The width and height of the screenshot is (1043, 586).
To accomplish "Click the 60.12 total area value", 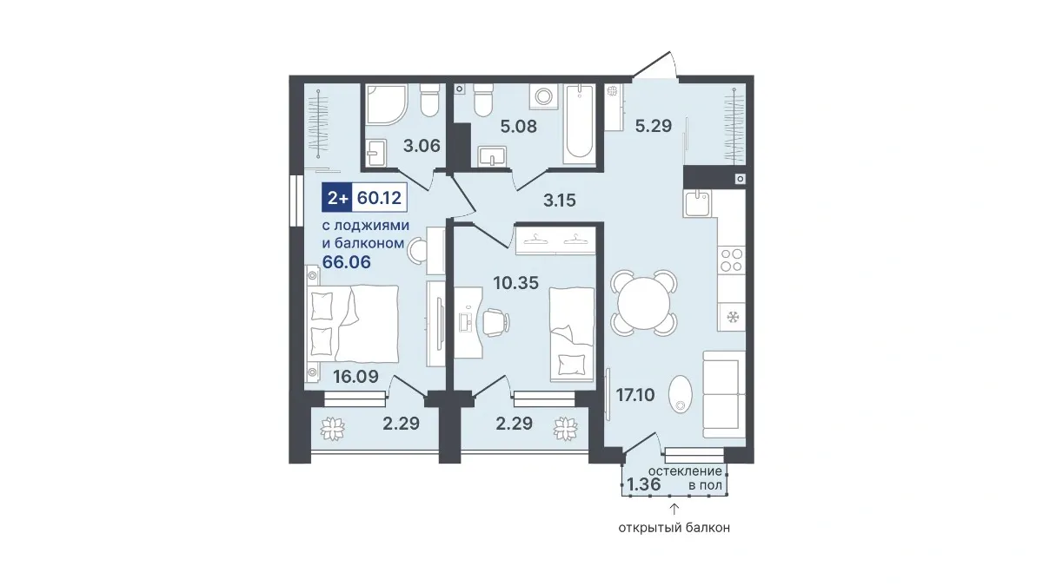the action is click(379, 198).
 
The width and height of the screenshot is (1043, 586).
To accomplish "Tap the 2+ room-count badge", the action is click(337, 198).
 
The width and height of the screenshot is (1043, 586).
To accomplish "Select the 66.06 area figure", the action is click(347, 262).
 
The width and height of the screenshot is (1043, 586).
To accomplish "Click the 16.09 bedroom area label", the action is click(355, 376).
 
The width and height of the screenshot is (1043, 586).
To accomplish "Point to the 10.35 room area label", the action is click(516, 283).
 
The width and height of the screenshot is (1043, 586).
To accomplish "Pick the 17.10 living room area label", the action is click(635, 395).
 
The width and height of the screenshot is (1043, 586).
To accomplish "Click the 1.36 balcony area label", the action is click(644, 484).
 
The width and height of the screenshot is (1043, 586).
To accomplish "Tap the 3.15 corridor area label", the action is click(560, 201).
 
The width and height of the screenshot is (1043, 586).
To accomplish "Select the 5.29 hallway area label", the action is click(654, 126).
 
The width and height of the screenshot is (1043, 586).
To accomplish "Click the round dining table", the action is click(644, 303).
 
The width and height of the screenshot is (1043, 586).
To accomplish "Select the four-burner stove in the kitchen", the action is click(732, 260).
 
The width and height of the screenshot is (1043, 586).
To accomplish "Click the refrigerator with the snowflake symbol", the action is click(732, 317).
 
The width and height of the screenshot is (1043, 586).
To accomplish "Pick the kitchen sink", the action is click(697, 203).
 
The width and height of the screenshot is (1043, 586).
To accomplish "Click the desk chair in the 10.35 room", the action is click(495, 322).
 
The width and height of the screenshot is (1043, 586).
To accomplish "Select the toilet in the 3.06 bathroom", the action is click(429, 101).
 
